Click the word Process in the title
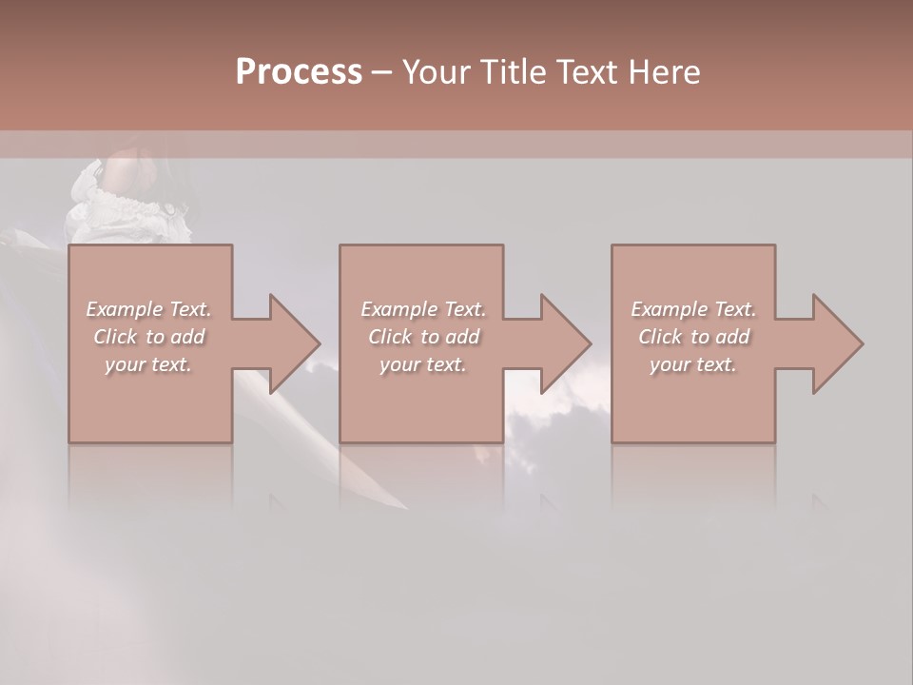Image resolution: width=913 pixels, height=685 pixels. coord(299,72)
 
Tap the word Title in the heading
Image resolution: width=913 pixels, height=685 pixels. coord(513,72)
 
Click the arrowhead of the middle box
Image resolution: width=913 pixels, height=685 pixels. coord(565,343)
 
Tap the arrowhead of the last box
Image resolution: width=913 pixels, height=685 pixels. coord(837,343)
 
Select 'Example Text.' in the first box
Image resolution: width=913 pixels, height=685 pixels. coord(148,309)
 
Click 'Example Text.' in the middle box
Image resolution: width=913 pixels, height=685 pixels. coord(423,309)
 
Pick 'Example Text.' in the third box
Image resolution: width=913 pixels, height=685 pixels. coord(693,309)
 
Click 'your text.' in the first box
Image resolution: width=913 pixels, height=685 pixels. coord(148,364)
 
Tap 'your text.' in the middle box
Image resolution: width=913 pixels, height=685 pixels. coord(423,364)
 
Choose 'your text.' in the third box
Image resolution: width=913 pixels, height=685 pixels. coord(693,364)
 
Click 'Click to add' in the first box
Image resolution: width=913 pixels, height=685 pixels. coord(148,337)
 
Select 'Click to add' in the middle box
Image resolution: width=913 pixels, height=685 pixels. coord(423,337)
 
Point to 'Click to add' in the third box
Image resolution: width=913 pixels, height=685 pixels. coord(693,337)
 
